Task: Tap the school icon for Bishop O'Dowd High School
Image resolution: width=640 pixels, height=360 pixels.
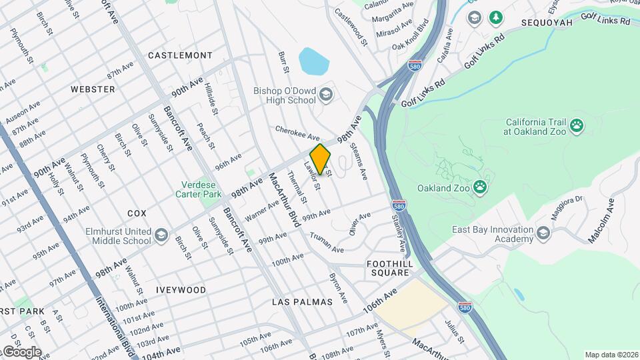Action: [325, 95]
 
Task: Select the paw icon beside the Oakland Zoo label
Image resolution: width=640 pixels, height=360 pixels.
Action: [481, 188]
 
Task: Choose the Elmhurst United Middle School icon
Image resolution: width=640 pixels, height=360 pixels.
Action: [161, 236]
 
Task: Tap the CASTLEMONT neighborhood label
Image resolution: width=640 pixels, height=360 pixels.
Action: [180, 55]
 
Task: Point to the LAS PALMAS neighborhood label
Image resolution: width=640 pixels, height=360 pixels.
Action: [302, 302]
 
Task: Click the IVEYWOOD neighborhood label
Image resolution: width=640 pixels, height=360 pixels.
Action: [181, 290]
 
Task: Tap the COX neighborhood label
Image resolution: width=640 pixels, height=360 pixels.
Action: [137, 213]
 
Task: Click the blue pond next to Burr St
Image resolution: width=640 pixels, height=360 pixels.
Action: [314, 61]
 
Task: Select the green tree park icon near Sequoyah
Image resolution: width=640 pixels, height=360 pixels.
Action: [496, 17]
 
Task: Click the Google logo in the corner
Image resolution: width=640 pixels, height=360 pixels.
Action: [21, 352]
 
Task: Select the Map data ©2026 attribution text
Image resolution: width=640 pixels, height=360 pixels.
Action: [611, 355]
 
